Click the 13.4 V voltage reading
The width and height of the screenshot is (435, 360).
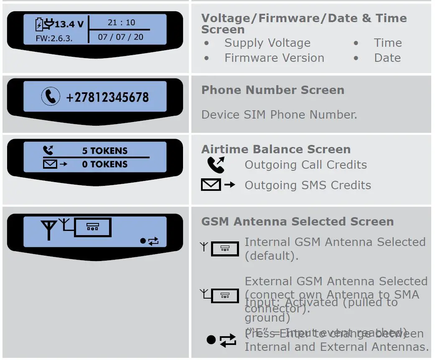(x=69, y=24)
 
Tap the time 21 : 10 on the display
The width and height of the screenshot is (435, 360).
(x=121, y=23)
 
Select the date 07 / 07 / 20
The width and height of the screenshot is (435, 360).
(x=121, y=37)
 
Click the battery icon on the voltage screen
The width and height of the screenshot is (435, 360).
(x=39, y=25)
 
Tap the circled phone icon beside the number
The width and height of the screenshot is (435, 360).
(x=51, y=97)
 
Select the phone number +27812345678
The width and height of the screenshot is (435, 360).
(x=107, y=97)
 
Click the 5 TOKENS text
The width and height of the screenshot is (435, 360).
(x=105, y=151)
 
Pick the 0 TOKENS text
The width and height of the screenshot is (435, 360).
(x=105, y=164)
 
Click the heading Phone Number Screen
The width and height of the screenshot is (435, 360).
(x=272, y=90)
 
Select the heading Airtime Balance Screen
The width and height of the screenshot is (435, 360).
(x=276, y=149)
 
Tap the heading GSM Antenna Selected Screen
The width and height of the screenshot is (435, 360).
(x=297, y=221)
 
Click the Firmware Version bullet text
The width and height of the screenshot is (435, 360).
(x=274, y=58)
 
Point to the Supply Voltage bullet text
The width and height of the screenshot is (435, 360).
(x=267, y=43)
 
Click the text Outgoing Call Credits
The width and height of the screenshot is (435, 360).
(x=305, y=165)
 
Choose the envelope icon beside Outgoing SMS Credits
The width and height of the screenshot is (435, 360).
(x=211, y=185)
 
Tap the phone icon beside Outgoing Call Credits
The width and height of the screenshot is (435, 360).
(x=216, y=165)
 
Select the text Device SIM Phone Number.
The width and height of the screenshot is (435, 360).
(x=279, y=114)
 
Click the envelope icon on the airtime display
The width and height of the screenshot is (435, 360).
(x=50, y=164)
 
